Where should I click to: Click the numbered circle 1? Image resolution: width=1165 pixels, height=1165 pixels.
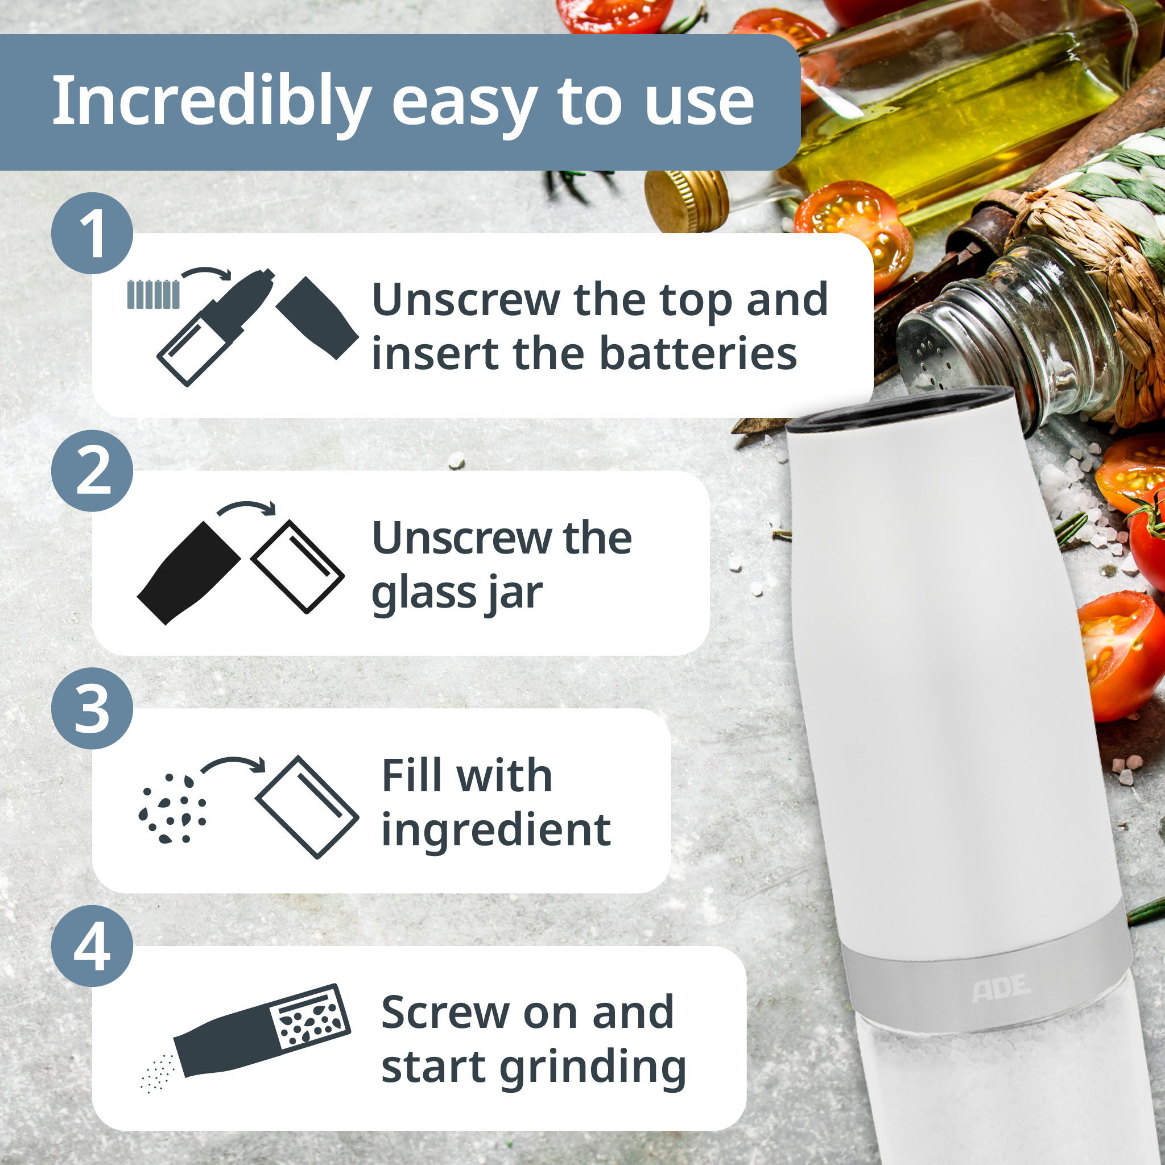92,233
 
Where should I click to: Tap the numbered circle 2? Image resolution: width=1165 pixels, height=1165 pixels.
92,471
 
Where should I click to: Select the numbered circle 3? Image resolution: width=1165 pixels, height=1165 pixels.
92,709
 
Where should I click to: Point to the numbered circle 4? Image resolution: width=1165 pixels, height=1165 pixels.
92,946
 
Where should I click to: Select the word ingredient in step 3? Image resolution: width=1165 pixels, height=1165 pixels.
495,831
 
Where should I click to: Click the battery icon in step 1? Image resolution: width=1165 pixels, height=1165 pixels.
153,294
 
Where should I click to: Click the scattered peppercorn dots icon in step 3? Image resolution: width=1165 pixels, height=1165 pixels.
172,808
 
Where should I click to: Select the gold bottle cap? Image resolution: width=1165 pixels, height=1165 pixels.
685,201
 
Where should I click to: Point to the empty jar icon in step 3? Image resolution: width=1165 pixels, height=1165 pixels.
307,807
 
